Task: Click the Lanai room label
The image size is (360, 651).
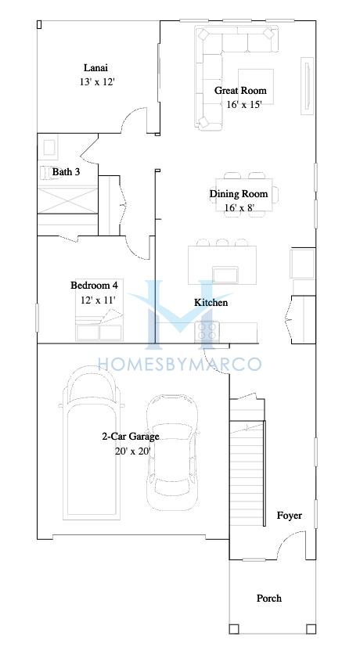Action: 96,67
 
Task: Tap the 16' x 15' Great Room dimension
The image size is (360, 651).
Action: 245,104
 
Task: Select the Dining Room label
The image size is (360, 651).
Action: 239,194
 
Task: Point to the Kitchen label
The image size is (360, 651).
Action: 211,302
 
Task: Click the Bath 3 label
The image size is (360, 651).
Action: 66,171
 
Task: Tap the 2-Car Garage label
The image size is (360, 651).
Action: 131,437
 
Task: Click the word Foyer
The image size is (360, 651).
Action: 290,516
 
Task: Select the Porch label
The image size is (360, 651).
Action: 269,599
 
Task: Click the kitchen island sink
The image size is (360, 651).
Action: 225,275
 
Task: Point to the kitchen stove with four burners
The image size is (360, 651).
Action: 207,332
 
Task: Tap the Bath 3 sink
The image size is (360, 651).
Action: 49,147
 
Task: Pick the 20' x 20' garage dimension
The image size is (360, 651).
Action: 132,451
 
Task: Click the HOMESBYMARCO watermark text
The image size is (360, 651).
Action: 179,364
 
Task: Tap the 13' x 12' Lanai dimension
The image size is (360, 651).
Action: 97,82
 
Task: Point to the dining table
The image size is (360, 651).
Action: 244,195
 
